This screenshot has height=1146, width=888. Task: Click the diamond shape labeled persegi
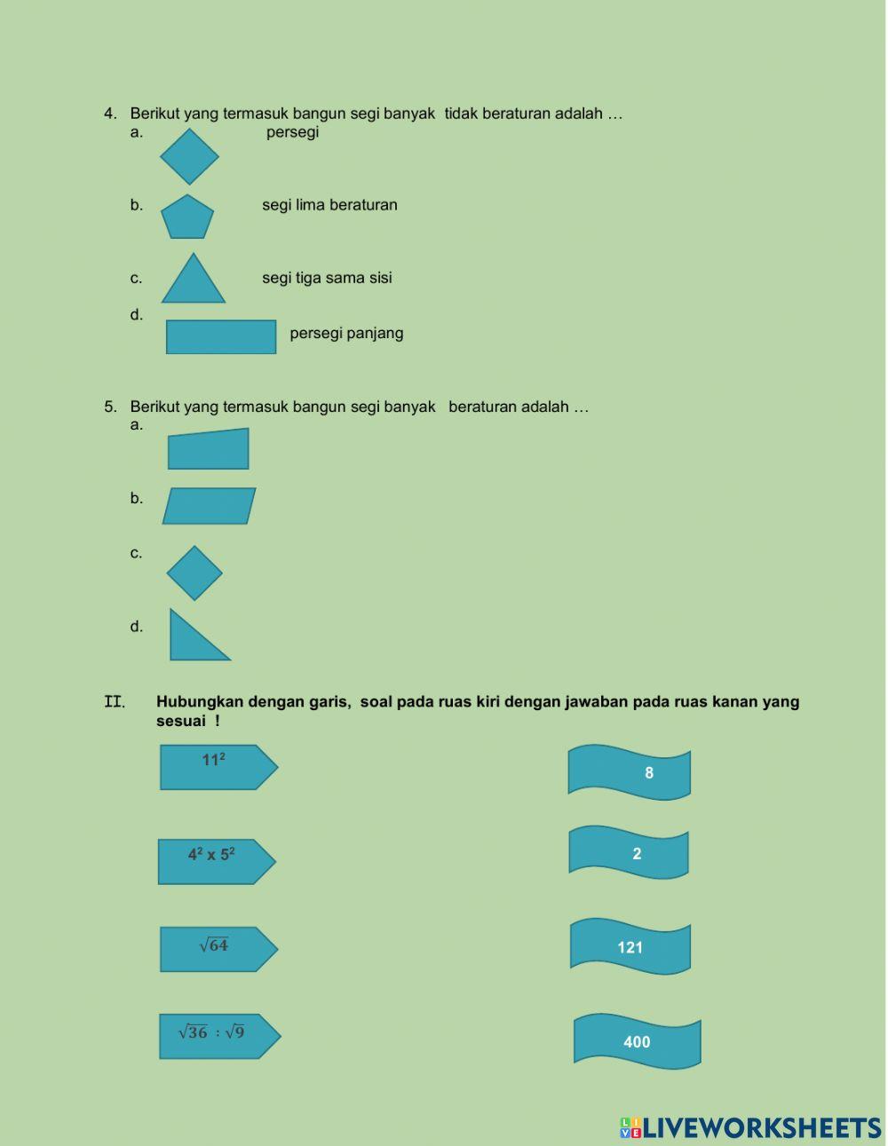[x=189, y=156]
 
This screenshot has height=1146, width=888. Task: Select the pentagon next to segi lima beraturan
[x=187, y=218]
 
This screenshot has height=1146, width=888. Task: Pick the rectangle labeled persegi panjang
[x=221, y=337]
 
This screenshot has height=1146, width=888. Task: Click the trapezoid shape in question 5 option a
[x=209, y=450]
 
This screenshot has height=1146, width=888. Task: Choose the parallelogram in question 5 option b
[x=209, y=506]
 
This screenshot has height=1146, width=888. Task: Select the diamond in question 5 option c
[x=194, y=573]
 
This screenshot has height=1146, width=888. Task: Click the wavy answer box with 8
[x=630, y=772]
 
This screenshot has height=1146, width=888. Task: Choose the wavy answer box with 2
[x=629, y=853]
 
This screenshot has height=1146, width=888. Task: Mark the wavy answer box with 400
[x=637, y=1041]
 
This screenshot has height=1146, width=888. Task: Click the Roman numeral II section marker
[x=114, y=702]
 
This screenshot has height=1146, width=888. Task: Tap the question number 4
[x=109, y=114]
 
